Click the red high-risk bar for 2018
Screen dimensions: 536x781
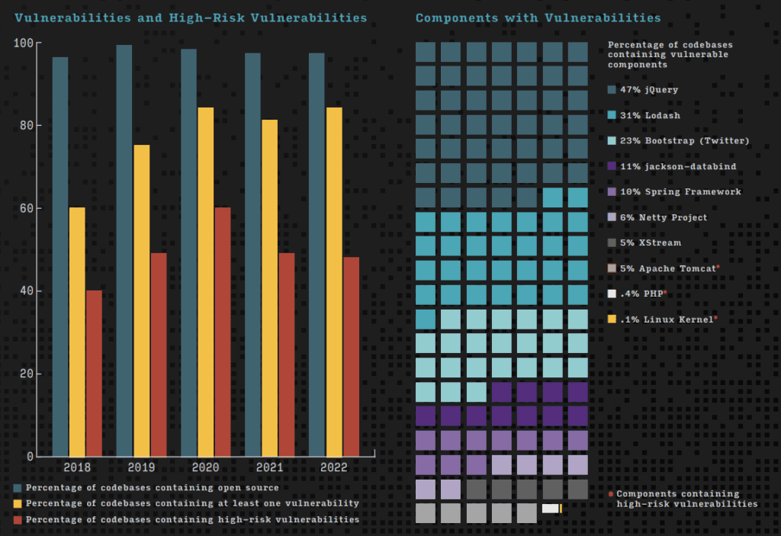click(x=94, y=374)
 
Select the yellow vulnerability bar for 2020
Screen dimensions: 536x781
click(x=206, y=282)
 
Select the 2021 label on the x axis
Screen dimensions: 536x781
click(x=270, y=467)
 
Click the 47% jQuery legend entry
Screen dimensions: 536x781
click(x=648, y=90)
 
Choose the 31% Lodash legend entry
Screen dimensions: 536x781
click(x=648, y=116)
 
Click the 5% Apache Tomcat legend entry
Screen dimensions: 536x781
click(x=664, y=268)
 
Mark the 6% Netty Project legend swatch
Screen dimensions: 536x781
click(x=612, y=217)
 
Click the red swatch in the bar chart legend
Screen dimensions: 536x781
click(x=18, y=519)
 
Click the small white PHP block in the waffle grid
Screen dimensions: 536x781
click(x=549, y=509)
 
